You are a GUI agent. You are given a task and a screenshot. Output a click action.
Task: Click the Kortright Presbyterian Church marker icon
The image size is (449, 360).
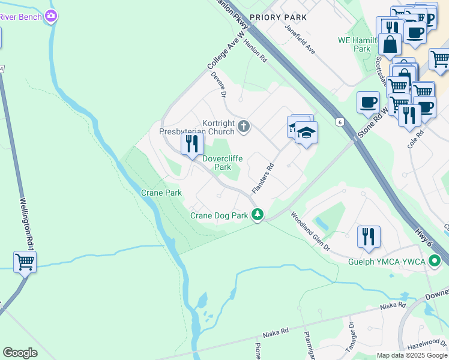point(243,126)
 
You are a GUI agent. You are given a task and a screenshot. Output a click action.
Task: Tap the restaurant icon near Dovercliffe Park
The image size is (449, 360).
point(192,144)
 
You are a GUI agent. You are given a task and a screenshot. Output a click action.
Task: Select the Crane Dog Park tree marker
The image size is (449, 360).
point(258,214)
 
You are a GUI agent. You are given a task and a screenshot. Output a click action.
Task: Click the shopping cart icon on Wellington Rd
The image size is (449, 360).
point(25,262)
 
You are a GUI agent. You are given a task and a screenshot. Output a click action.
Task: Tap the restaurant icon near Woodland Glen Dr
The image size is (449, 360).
point(369,236)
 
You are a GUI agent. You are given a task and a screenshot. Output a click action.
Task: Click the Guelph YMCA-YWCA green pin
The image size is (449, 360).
point(435,262)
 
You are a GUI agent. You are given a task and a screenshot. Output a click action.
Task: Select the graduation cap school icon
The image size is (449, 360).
point(306,132)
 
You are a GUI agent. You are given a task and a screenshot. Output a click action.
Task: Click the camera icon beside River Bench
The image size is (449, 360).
point(52,16)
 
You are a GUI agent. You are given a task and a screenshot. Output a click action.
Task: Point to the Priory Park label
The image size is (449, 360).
point(278,17)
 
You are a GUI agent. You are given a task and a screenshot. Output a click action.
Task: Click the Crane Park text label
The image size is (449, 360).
point(161,193)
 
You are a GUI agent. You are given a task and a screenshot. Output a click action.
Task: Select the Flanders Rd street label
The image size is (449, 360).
point(263,178)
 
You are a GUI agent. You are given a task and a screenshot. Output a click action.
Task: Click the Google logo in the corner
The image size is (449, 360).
point(20,353)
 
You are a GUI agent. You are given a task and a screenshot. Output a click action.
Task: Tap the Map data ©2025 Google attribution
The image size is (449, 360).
point(412,355)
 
